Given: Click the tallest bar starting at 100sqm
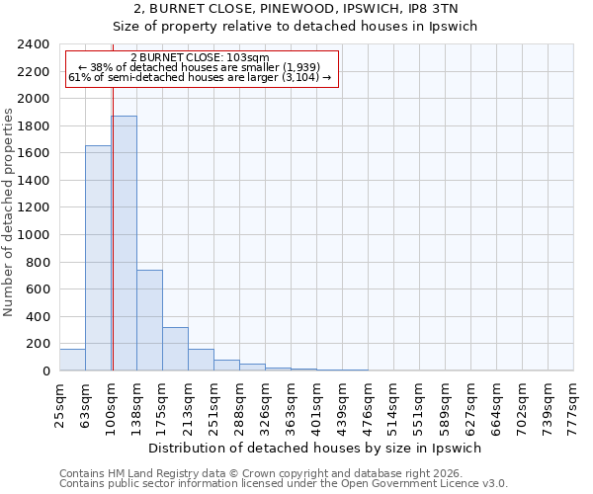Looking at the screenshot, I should click(x=124, y=243).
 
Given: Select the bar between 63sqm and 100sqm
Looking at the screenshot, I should click(x=98, y=258).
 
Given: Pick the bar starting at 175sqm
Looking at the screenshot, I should click(x=175, y=349).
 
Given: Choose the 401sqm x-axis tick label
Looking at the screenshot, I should click(x=318, y=403).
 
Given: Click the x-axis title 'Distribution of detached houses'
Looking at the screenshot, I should click(x=316, y=448).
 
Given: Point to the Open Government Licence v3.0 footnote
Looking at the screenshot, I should click(x=284, y=484).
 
